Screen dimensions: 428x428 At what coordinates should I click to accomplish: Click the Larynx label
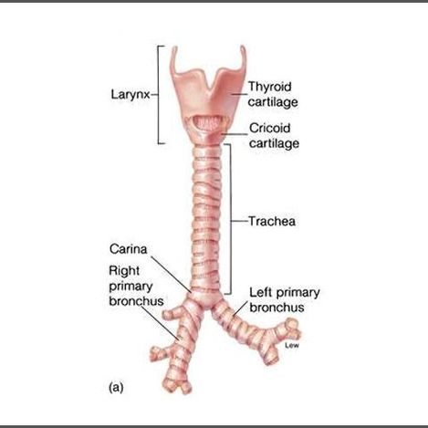[130, 95]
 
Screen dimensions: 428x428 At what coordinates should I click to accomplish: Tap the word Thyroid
[270, 87]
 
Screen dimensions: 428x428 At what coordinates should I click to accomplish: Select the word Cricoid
[270, 128]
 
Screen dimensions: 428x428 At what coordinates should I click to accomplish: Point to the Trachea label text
[272, 221]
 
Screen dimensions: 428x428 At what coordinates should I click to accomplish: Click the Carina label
[128, 249]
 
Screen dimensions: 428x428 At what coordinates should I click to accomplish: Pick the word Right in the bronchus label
[124, 271]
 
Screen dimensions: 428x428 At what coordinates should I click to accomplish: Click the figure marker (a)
[116, 388]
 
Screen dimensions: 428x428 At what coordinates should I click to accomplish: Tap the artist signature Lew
[292, 345]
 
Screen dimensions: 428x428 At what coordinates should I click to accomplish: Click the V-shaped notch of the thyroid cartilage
[209, 87]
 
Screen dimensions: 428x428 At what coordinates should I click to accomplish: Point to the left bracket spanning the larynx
[159, 95]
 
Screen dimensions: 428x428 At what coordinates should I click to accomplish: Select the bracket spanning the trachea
[229, 219]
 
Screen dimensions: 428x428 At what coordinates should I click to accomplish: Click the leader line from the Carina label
[172, 275]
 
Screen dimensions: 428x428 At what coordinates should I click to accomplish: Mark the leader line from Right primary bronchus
[161, 323]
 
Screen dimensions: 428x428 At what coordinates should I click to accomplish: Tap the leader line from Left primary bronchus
[241, 308]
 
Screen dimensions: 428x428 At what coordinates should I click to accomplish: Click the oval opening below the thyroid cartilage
[208, 122]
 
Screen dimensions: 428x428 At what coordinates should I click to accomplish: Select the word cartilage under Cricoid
[274, 143]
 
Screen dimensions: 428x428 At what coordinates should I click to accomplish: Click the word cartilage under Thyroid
[273, 102]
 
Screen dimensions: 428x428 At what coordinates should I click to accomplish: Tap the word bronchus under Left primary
[277, 308]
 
